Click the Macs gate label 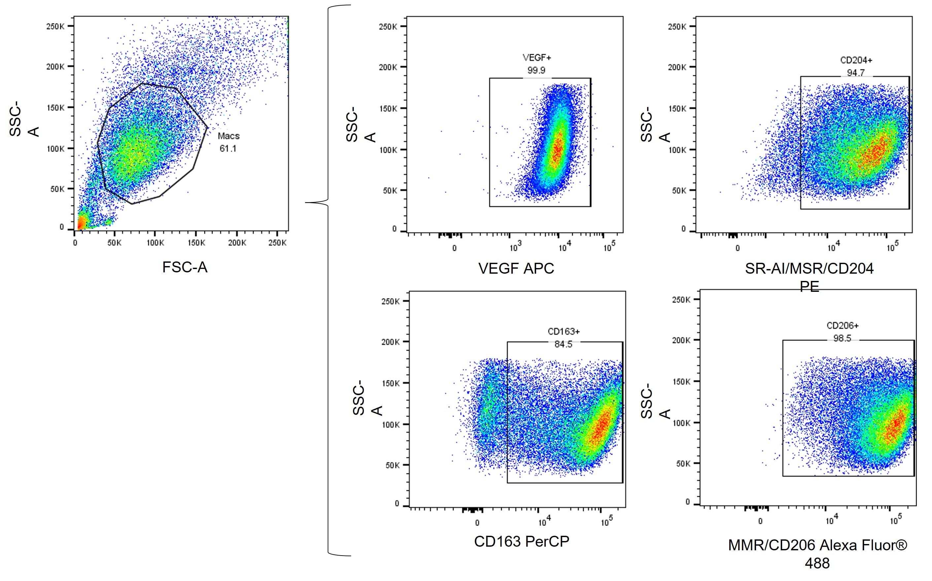click(228, 136)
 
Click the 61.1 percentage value click(228, 148)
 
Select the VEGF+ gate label click(537, 58)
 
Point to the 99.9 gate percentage click(536, 70)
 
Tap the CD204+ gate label click(856, 60)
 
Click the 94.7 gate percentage click(855, 72)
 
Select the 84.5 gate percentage click(563, 344)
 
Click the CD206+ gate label click(843, 326)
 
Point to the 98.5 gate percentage click(842, 338)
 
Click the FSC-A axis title click(185, 267)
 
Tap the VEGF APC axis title click(516, 268)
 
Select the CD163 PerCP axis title click(522, 541)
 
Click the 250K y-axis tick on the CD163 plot click(390, 301)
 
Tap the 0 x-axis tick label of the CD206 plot click(760, 522)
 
